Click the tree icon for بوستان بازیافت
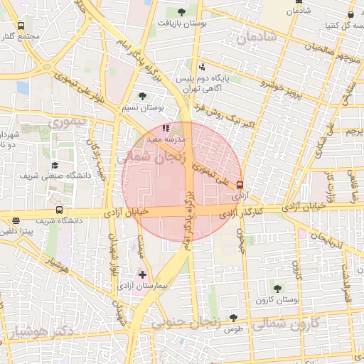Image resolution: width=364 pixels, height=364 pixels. [181, 11]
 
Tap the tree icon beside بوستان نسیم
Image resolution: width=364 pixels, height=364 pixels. [143, 96]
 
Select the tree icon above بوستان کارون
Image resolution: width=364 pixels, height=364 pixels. [277, 288]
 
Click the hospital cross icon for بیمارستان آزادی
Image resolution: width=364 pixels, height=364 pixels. [143, 274]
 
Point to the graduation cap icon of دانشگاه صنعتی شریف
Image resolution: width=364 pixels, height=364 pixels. [54, 165]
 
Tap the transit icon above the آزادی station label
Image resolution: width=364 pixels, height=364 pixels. [240, 183]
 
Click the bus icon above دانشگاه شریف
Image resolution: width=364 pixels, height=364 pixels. [59, 210]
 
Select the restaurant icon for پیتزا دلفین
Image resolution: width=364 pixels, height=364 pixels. [16, 220]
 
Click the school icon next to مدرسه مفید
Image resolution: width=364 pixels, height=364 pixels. [166, 129]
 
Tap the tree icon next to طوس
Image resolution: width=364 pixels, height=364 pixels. [233, 318]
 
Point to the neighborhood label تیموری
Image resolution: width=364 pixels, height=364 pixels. [67, 122]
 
